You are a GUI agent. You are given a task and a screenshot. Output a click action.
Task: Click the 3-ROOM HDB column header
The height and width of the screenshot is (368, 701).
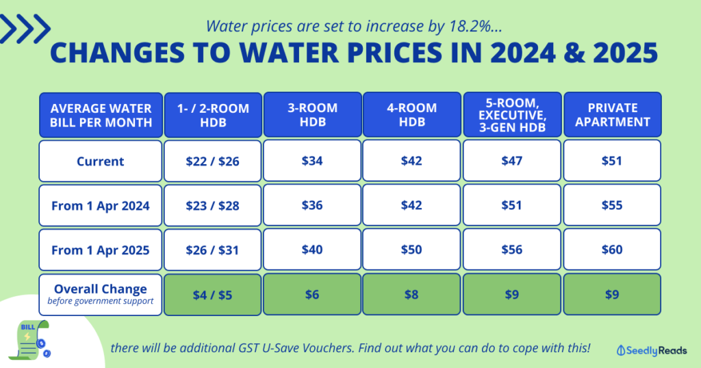(313, 114)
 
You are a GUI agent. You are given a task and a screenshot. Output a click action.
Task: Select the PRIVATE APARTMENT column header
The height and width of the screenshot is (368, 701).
(612, 114)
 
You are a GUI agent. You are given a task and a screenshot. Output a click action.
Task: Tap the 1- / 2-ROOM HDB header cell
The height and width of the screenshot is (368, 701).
(213, 114)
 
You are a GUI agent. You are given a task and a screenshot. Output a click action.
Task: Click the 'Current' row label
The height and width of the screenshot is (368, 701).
(101, 161)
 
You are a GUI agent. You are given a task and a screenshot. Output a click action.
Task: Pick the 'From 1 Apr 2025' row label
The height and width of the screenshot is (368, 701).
(101, 250)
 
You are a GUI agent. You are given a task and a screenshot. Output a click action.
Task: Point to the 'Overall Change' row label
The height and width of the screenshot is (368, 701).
(101, 293)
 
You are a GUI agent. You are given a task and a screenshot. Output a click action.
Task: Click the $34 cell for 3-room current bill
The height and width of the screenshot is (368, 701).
(313, 161)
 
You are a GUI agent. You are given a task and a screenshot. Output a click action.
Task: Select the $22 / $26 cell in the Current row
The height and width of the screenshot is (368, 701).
(213, 161)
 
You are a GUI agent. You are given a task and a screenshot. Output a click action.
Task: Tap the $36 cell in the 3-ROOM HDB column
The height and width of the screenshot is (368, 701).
(313, 205)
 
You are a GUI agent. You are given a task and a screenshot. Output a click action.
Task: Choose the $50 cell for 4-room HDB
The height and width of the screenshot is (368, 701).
(413, 250)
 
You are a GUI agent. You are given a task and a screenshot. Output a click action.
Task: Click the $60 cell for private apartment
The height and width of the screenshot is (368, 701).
(612, 250)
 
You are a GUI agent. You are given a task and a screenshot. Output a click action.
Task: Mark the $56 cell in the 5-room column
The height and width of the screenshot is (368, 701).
(513, 250)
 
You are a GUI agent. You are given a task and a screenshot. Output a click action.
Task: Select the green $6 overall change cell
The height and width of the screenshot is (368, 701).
(313, 293)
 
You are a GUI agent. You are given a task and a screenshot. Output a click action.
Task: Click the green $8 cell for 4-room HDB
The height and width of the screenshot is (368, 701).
(413, 293)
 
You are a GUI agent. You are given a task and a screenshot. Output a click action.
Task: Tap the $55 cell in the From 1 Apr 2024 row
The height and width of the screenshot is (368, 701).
(612, 205)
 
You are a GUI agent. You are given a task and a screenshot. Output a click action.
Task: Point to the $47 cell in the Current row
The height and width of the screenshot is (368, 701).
(513, 161)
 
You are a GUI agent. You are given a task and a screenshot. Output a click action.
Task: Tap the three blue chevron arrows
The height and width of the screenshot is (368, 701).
(26, 28)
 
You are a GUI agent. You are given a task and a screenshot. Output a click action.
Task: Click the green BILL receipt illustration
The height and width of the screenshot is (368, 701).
(27, 339)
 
